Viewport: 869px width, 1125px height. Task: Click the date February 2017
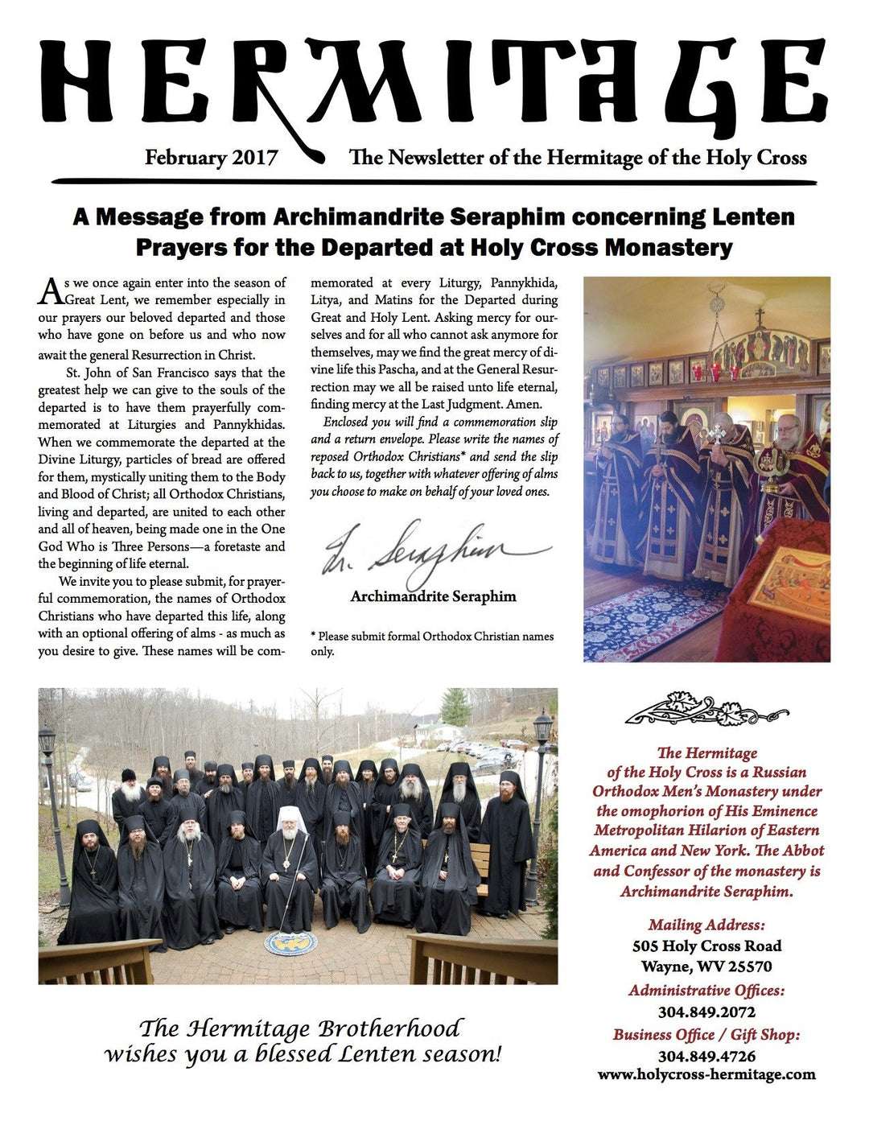point(211,157)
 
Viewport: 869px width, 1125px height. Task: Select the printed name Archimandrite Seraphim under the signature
point(433,597)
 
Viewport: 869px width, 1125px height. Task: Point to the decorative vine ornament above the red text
point(706,711)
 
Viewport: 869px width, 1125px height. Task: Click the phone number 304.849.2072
point(706,1012)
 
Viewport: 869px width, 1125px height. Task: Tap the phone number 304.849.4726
point(706,1056)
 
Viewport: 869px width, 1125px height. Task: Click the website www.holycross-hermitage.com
point(706,1074)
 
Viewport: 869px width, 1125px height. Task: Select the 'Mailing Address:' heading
point(706,925)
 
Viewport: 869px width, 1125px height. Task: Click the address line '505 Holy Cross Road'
point(706,946)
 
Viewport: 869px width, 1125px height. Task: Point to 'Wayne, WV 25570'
point(706,966)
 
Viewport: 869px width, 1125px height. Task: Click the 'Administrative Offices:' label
point(706,991)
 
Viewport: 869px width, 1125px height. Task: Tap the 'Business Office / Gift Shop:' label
point(706,1035)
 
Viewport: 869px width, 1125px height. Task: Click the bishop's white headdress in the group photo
point(287,817)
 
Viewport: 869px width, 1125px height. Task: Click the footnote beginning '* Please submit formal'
point(432,643)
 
